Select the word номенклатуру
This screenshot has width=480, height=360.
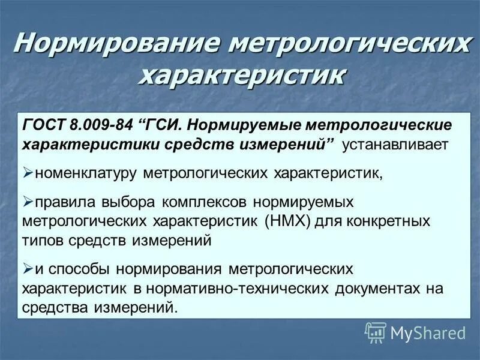click(86, 173)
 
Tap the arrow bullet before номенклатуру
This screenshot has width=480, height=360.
click(28, 173)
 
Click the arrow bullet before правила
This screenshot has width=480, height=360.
click(28, 202)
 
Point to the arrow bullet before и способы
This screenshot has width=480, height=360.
click(28, 268)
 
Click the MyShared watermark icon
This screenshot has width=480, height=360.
click(375, 332)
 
